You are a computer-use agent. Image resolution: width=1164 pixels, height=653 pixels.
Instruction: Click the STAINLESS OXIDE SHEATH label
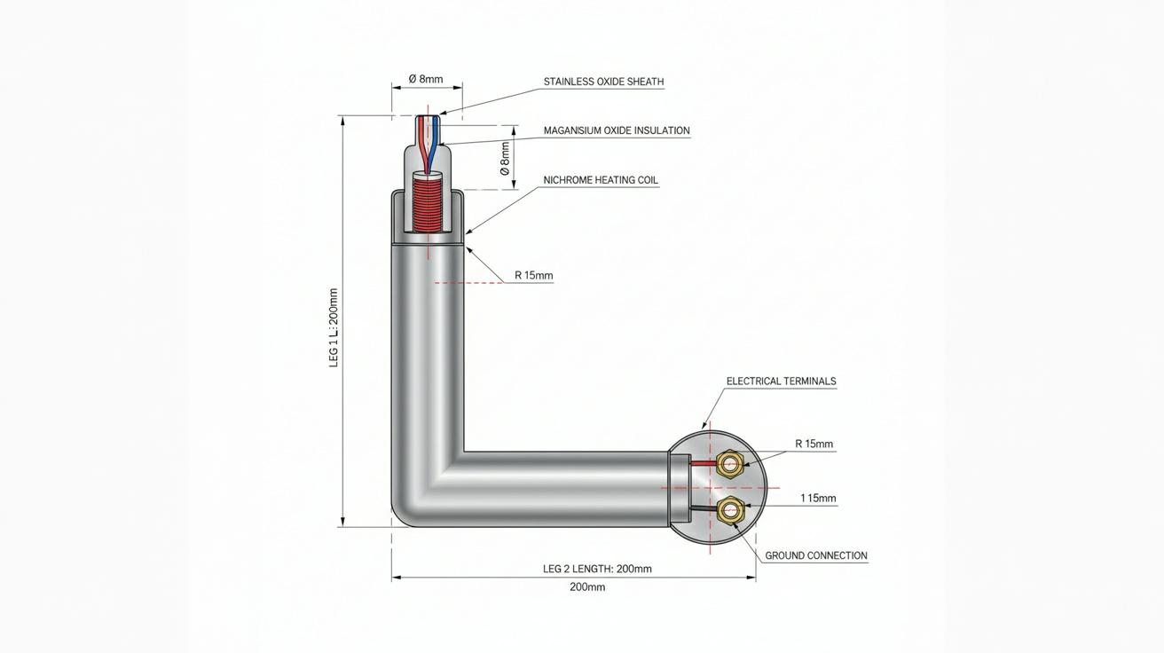[x=603, y=82]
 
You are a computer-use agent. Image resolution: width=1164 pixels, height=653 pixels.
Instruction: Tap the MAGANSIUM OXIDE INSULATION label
[x=617, y=130]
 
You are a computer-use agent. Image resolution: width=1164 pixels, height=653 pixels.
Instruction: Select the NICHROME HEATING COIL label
[x=601, y=180]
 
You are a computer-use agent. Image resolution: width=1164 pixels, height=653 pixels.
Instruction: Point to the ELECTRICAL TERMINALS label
[x=781, y=381]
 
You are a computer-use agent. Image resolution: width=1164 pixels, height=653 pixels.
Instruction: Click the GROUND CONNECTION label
[x=816, y=555]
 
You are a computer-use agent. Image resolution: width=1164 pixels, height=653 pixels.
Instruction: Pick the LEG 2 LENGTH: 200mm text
[x=597, y=569]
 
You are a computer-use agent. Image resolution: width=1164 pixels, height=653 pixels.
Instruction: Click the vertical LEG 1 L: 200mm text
[x=334, y=327]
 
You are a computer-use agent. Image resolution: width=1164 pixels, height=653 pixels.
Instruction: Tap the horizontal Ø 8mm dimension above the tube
[x=426, y=79]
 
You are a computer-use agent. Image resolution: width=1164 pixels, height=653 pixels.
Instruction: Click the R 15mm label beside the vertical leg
[x=534, y=275]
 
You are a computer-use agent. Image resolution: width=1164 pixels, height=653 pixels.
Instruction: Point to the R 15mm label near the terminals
[x=814, y=444]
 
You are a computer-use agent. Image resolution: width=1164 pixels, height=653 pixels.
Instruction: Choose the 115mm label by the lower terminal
[x=818, y=499]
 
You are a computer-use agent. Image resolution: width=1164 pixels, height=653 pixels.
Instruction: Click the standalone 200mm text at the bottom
[x=587, y=587]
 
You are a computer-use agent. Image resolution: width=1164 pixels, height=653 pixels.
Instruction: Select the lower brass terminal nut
[x=729, y=511]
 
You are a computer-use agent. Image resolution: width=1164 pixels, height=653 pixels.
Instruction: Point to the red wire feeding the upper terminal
[x=703, y=462]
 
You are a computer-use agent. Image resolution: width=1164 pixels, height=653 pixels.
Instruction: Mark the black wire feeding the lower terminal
[x=703, y=510]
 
